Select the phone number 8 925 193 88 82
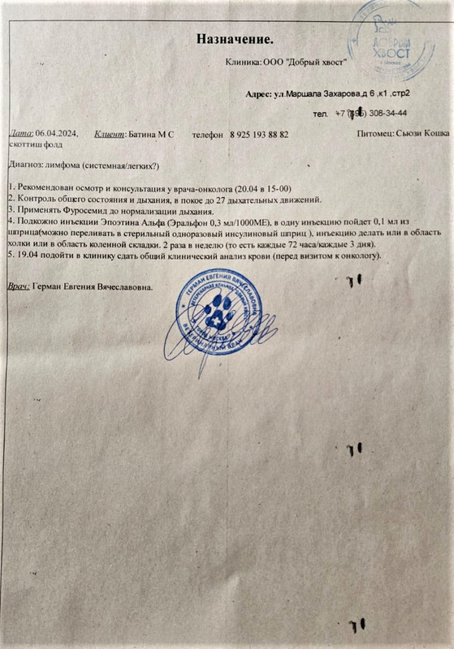click(x=259, y=134)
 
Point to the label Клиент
click(x=110, y=133)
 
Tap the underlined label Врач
click(x=18, y=287)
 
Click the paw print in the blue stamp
click(x=219, y=314)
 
